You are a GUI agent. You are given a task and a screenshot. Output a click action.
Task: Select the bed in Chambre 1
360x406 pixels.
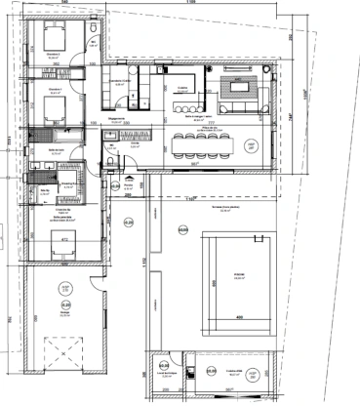(x=49, y=104)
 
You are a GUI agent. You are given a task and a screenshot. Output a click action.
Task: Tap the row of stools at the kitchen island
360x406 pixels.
(x=183, y=104)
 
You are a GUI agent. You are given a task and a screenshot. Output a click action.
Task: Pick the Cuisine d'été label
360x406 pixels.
(x=234, y=371)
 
